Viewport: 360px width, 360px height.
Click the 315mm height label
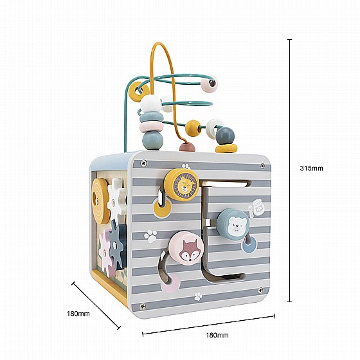[x=311, y=168]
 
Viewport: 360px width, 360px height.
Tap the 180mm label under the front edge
[x=217, y=335]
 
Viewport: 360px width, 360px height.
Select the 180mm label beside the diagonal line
[x=78, y=314]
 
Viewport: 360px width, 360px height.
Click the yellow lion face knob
[x=181, y=184]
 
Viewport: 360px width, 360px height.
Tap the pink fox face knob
[x=186, y=249]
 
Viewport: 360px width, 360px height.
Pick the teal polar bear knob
[x=233, y=224]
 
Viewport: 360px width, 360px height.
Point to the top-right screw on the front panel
[x=262, y=166]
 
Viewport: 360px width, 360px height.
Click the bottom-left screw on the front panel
[x=142, y=306]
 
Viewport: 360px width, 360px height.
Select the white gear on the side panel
[x=116, y=198]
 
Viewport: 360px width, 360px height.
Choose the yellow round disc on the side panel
[x=100, y=201]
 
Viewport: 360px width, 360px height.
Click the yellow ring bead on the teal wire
[x=139, y=91]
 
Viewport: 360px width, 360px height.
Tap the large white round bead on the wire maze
[x=150, y=104]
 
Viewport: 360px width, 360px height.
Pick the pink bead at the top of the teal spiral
[x=208, y=84]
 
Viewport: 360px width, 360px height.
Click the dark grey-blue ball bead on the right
[x=225, y=136]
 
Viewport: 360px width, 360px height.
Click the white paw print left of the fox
[x=151, y=236]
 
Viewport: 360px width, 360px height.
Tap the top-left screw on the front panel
[x=144, y=163]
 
